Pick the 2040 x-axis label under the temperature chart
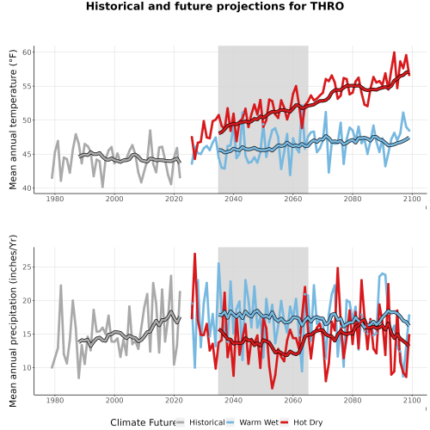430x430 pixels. [x=233, y=199]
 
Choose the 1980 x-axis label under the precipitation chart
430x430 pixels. [x=55, y=400]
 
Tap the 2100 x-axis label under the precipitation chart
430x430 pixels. [x=412, y=400]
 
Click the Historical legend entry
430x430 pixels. [x=200, y=422]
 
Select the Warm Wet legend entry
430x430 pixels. [x=252, y=422]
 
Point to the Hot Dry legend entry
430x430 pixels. [x=301, y=422]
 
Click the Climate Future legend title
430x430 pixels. [x=143, y=422]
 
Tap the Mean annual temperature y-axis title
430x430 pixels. [x=13, y=120]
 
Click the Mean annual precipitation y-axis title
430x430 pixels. [x=13, y=321]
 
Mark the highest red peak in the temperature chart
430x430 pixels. [x=394, y=52]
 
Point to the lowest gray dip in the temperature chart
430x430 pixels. [x=102, y=187]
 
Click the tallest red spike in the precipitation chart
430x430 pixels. [x=194, y=254]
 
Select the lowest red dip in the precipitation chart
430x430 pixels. [x=272, y=388]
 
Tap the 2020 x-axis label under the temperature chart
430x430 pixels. [x=174, y=199]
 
